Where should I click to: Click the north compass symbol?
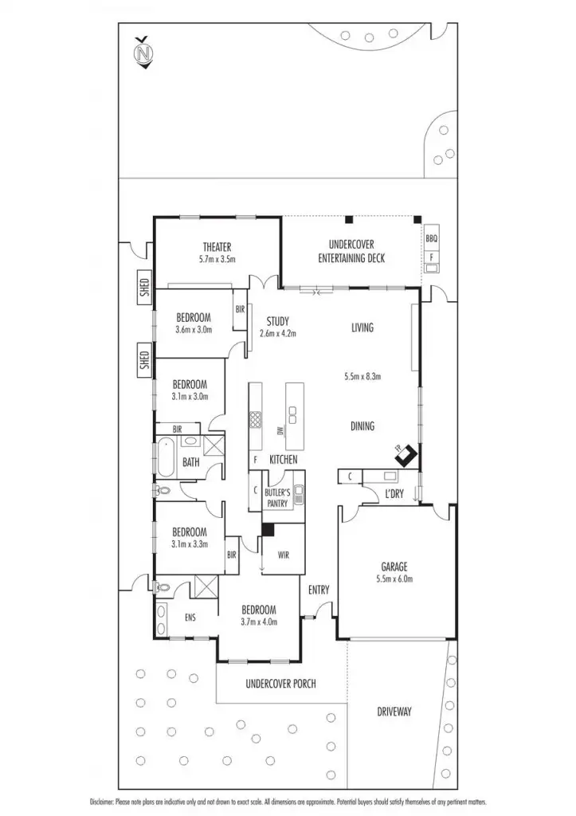point(143,53)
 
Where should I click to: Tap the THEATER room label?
point(217,246)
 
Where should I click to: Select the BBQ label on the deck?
point(432,237)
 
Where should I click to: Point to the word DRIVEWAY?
point(394,712)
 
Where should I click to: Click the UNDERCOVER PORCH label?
point(280,683)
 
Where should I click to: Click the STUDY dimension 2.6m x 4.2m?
point(277,334)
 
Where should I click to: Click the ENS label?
point(190,617)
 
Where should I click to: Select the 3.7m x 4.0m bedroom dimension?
point(259,622)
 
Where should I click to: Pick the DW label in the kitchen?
point(280,431)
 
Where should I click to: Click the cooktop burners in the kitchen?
point(256,420)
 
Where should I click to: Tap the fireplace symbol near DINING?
point(407,455)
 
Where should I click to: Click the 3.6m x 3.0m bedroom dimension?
point(194,328)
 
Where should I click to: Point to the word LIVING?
point(362,328)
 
